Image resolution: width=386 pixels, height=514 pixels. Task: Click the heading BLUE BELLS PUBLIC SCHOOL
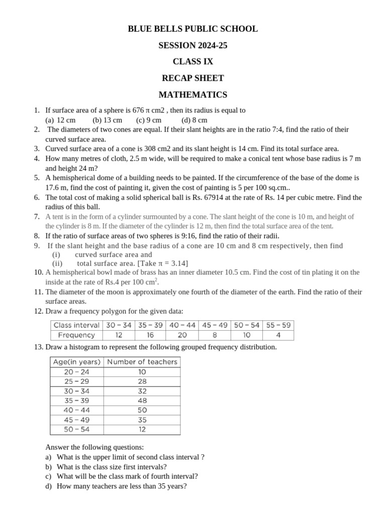(x=193, y=29)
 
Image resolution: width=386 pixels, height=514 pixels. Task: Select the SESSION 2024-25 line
(x=193, y=46)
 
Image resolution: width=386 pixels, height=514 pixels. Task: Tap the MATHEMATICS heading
(x=193, y=95)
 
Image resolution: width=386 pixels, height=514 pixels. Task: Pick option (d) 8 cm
(x=195, y=120)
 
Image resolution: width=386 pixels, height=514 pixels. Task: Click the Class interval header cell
(x=76, y=325)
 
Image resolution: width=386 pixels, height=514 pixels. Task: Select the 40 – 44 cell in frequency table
(x=182, y=325)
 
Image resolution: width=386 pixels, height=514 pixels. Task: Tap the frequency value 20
(x=182, y=335)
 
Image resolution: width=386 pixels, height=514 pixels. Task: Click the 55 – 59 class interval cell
(x=278, y=325)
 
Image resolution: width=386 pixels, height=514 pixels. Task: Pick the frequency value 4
(x=278, y=335)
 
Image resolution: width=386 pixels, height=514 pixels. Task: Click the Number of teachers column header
(x=142, y=362)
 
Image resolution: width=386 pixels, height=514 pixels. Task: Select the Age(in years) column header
(x=77, y=362)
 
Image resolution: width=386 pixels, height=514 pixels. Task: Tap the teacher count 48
(x=142, y=401)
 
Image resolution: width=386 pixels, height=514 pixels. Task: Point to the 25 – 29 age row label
(x=77, y=381)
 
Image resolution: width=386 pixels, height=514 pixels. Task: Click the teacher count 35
(x=142, y=420)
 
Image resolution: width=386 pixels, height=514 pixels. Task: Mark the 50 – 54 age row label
(x=77, y=430)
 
